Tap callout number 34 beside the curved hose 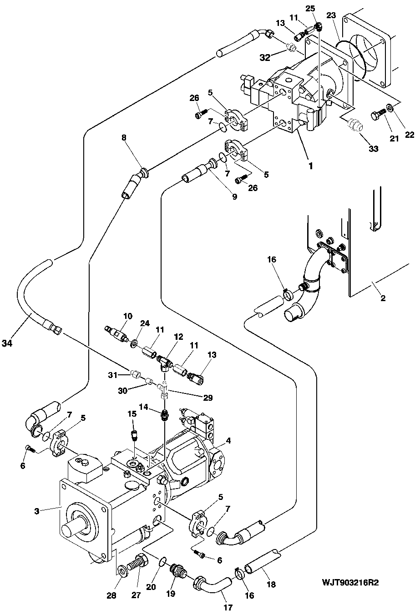pyautogui.click(x=7, y=343)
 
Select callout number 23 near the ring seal pyautogui.click(x=331, y=15)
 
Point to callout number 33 pyautogui.click(x=373, y=149)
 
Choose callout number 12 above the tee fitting pyautogui.click(x=178, y=337)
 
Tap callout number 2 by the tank pyautogui.click(x=383, y=298)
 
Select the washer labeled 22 pyautogui.click(x=389, y=107)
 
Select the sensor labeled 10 pyautogui.click(x=116, y=333)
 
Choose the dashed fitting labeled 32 pyautogui.click(x=291, y=47)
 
